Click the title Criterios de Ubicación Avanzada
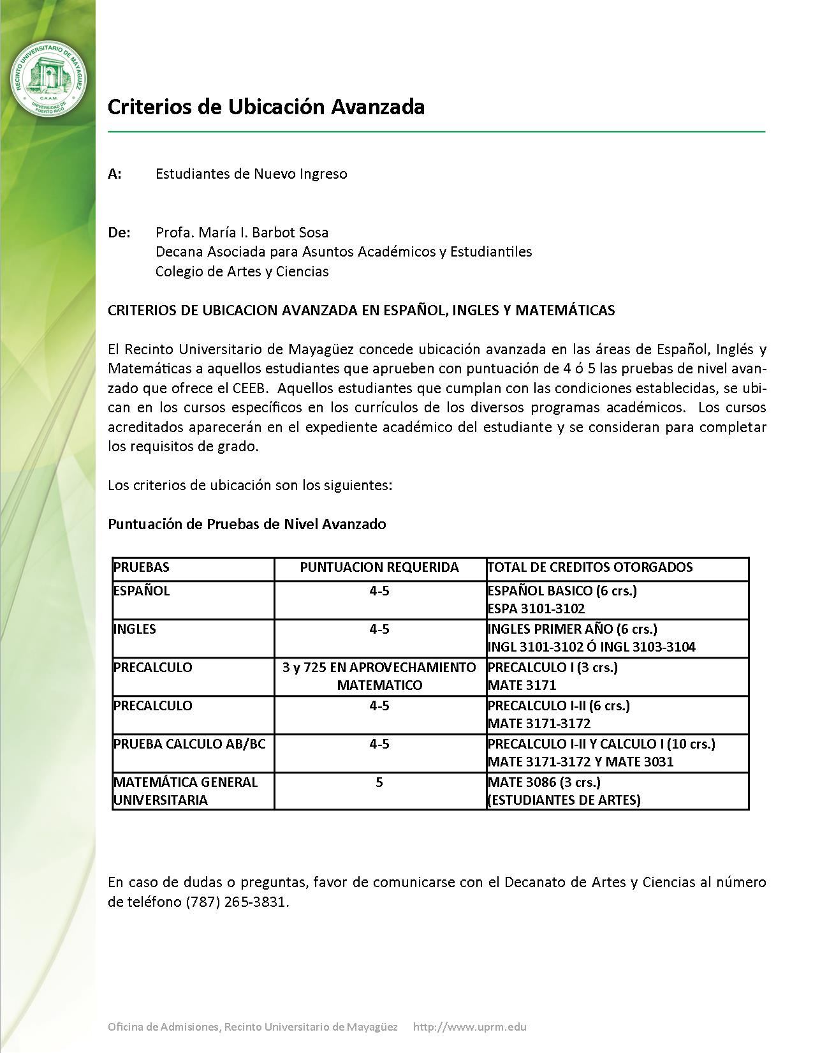tap(266, 107)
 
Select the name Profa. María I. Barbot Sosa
tap(242, 232)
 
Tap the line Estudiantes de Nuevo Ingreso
tap(251, 174)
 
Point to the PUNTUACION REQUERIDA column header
tap(379, 567)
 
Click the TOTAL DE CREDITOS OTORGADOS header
tap(590, 567)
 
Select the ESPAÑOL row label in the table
tap(142, 591)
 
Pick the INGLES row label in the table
tap(135, 629)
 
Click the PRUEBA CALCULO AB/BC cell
tap(189, 744)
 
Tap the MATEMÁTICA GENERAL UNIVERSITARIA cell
tap(185, 791)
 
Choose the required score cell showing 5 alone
tap(379, 782)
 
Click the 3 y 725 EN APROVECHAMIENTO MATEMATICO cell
tap(379, 676)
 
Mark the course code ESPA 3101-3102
tap(536, 609)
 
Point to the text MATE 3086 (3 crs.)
tap(544, 782)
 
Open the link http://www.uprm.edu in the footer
tap(470, 1027)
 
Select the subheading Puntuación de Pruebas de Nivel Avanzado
tap(247, 524)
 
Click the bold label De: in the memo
tap(119, 232)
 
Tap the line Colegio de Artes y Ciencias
tap(242, 271)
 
